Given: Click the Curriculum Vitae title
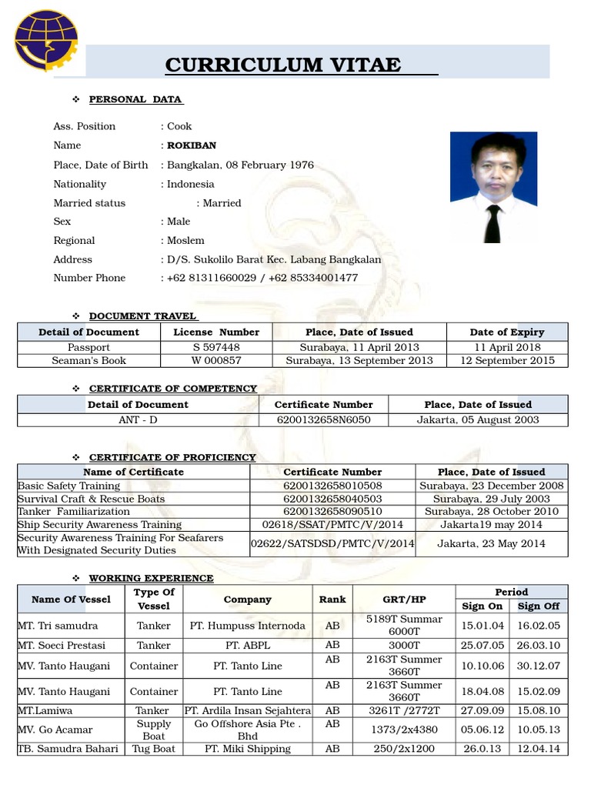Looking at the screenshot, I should pyautogui.click(x=283, y=65).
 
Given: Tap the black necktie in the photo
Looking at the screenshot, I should pyautogui.click(x=492, y=223).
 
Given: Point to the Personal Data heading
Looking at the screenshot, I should pyautogui.click(x=135, y=99).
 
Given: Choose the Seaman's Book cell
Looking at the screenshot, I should pyautogui.click(x=88, y=360).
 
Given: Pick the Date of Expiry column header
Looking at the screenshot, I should pyautogui.click(x=506, y=332).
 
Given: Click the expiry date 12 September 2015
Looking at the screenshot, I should pyautogui.click(x=507, y=360).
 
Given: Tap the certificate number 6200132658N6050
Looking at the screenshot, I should pyautogui.click(x=323, y=419).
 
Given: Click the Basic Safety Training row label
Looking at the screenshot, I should pyautogui.click(x=69, y=486).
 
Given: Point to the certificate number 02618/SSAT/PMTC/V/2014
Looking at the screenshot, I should pyautogui.click(x=332, y=524).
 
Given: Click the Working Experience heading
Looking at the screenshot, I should pyautogui.click(x=151, y=578).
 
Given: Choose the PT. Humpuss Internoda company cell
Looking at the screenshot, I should pyautogui.click(x=247, y=626).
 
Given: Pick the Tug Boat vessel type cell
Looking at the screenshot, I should pyautogui.click(x=154, y=749).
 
